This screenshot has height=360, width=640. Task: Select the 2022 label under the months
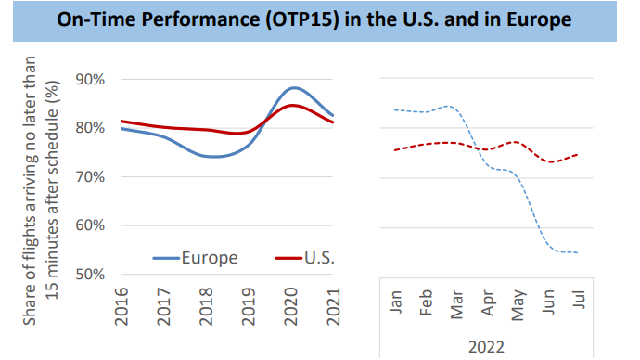487,345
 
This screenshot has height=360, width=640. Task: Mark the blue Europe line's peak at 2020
293,88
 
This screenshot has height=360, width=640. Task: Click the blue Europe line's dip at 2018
212,156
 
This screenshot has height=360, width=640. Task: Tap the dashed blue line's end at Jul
578,252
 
